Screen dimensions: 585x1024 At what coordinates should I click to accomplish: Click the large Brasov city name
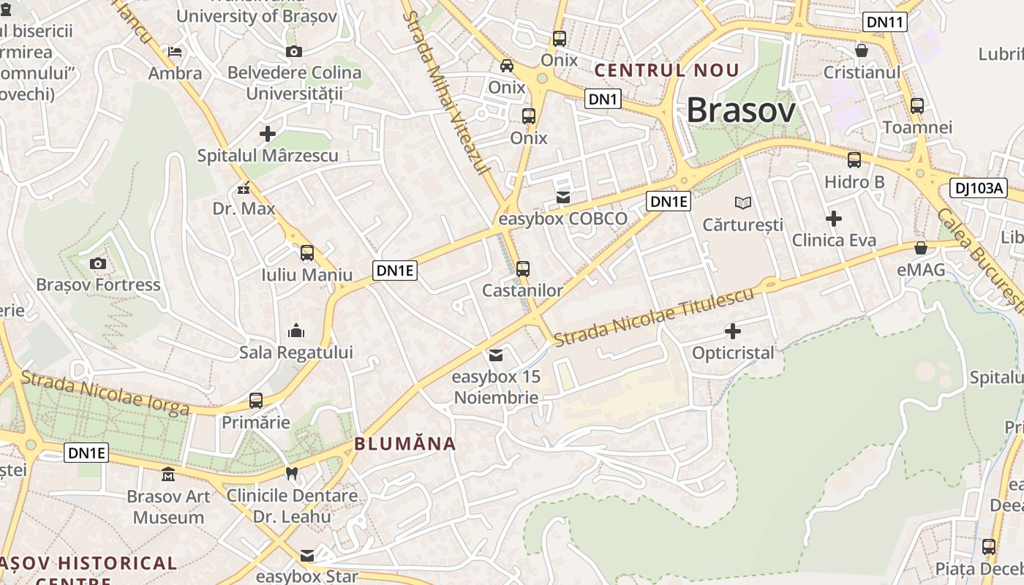pos(740,111)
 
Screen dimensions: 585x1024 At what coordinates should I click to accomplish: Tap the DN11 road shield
pos(885,22)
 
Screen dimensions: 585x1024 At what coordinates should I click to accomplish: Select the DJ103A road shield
pos(979,188)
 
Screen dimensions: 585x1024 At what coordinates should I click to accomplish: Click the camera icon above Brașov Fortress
pos(97,263)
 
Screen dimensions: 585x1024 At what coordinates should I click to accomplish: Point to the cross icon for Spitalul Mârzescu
pos(268,134)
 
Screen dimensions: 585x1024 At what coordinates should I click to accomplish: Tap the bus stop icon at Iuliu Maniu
pos(307,253)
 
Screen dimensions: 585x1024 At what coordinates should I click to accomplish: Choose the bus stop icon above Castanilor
pos(523,268)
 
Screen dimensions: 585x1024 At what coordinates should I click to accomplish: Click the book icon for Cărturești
pos(743,203)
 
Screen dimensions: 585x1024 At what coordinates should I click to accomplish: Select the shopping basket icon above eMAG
pos(921,248)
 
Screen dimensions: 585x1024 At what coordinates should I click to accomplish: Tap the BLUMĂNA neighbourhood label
pos(405,444)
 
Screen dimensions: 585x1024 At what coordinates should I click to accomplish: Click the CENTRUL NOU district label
pos(666,71)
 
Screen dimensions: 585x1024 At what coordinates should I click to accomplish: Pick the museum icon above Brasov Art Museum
pos(168,475)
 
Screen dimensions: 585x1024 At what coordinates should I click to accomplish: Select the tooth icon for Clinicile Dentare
pos(292,473)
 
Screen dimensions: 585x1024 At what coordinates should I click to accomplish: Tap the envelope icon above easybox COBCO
pos(563,197)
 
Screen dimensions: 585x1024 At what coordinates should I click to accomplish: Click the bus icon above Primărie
pos(256,401)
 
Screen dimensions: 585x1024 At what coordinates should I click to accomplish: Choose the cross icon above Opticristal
pos(732,331)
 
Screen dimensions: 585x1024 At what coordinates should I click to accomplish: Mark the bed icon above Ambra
pos(175,51)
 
